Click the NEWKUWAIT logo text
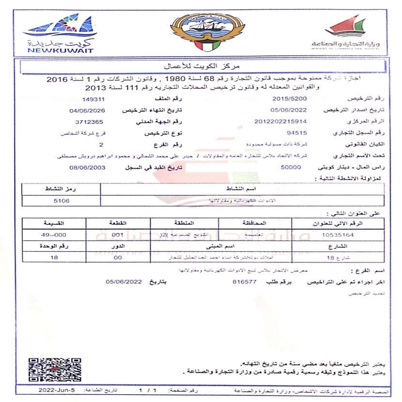pos(61,50)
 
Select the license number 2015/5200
pos(287,99)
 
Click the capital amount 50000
pos(291,167)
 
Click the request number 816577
pos(244,281)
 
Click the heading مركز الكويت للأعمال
pos(201,64)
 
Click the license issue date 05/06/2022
pos(287,110)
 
